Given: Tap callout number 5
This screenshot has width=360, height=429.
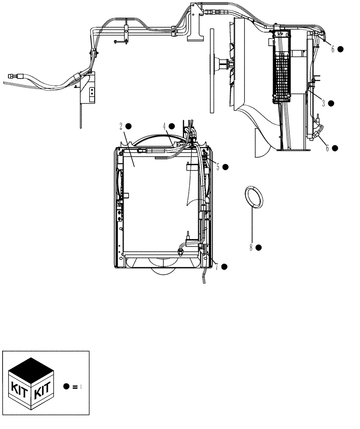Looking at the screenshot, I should point(218,167).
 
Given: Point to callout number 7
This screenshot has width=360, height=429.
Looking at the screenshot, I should point(217,267).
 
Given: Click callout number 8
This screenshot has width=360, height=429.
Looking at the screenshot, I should point(252,248).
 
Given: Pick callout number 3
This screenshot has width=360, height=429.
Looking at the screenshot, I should point(324,103).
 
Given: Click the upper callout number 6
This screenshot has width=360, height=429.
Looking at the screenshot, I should point(332,49).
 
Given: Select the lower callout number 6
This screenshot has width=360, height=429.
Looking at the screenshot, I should point(327,148).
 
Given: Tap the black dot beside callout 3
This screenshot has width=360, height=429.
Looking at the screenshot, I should point(331,103).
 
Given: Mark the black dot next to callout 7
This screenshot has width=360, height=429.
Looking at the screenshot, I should point(224,267).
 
